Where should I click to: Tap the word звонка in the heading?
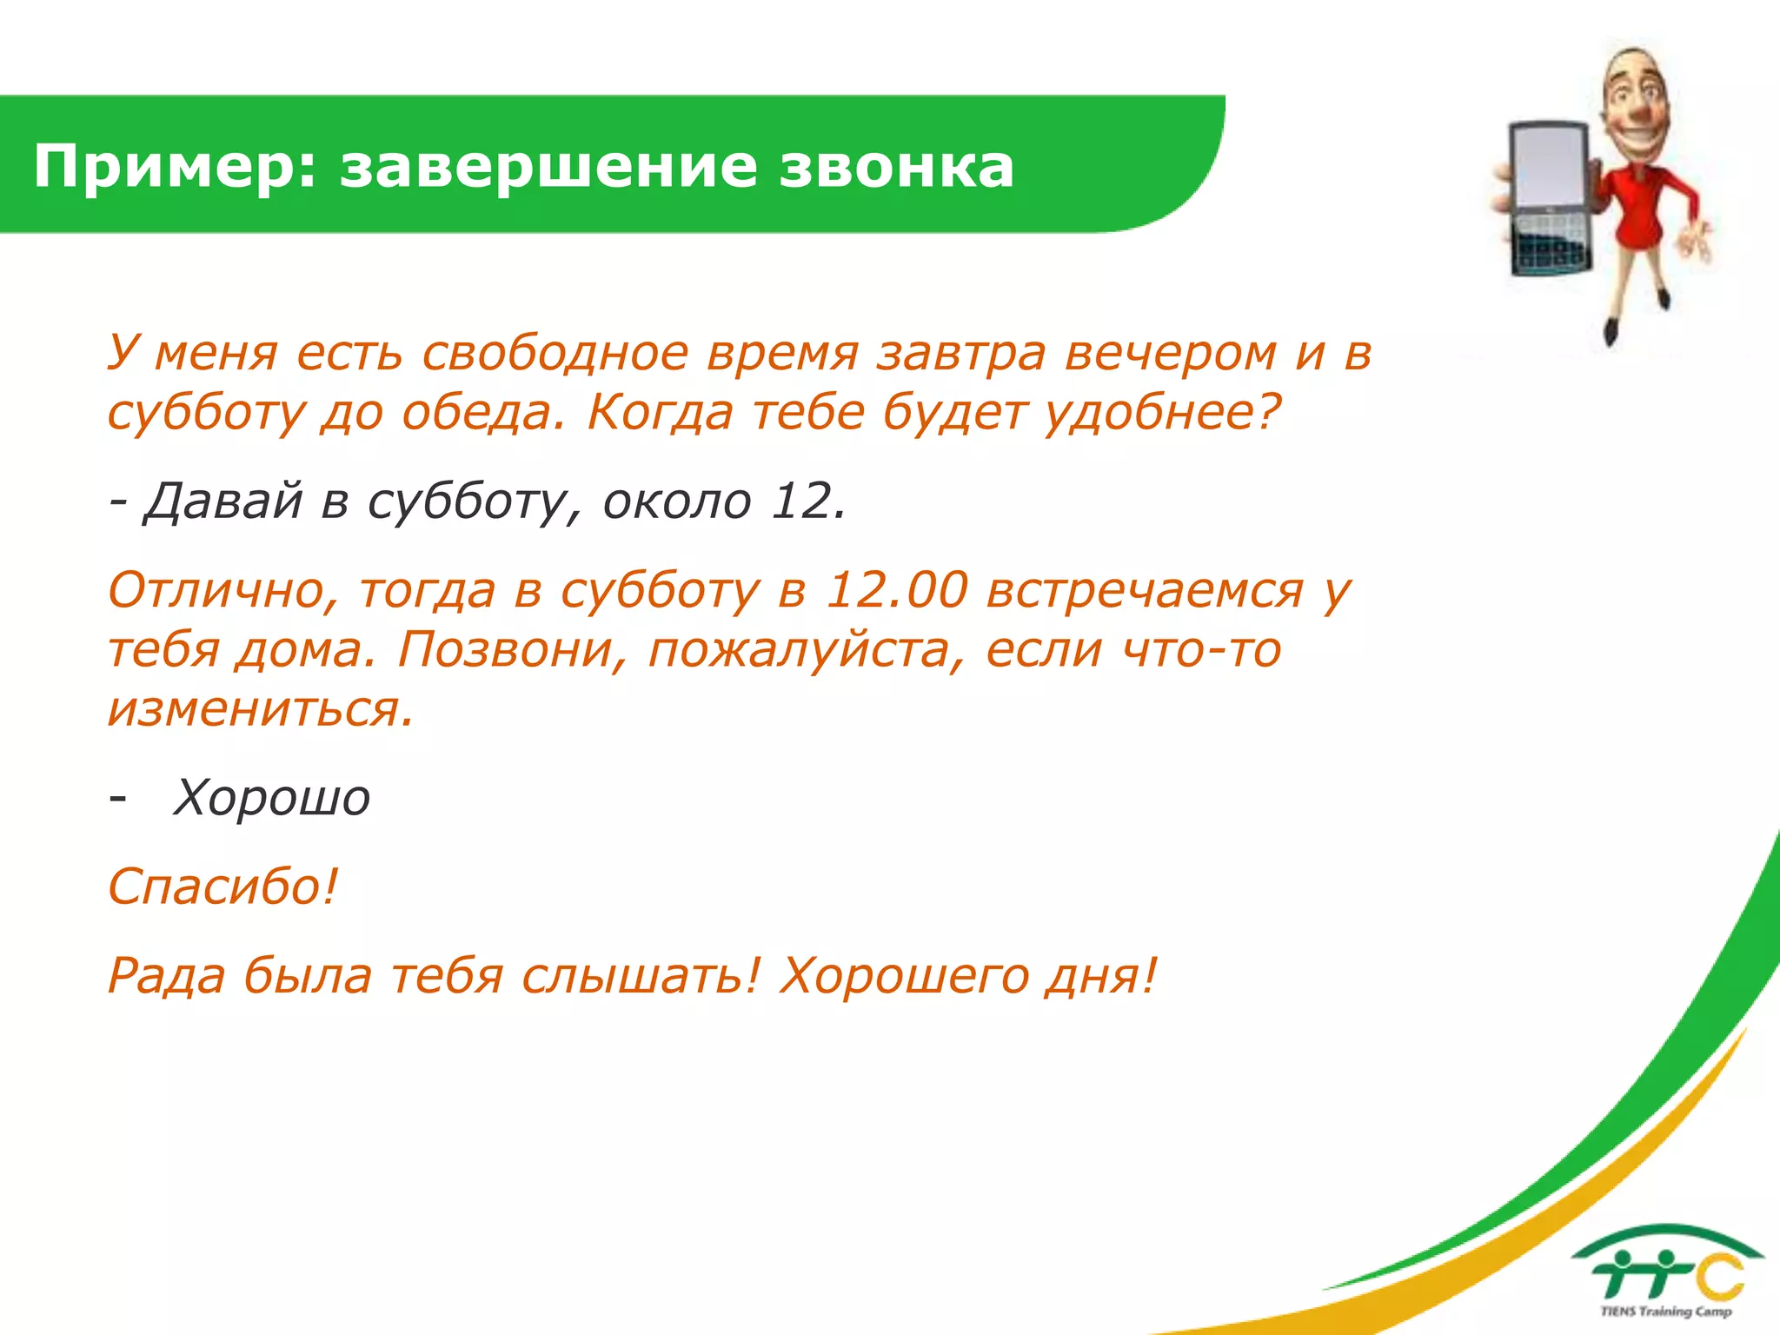point(896,167)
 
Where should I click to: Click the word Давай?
point(222,501)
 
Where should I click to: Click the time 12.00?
point(896,591)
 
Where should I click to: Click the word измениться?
point(259,709)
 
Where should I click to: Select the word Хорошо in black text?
point(271,798)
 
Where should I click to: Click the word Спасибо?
point(222,887)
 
